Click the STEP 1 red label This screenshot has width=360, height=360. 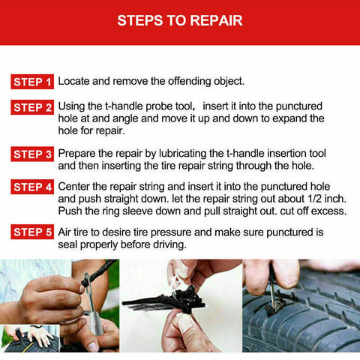click(32, 81)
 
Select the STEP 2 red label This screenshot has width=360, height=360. click(32, 107)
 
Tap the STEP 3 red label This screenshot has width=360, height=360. click(32, 154)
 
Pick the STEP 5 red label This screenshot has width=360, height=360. click(32, 232)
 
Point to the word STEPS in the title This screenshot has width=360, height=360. click(140, 20)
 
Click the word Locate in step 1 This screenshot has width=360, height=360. click(76, 80)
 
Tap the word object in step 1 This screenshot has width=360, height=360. click(245, 80)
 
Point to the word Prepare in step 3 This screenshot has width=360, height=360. click(79, 153)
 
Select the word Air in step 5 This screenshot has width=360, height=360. click(66, 232)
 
